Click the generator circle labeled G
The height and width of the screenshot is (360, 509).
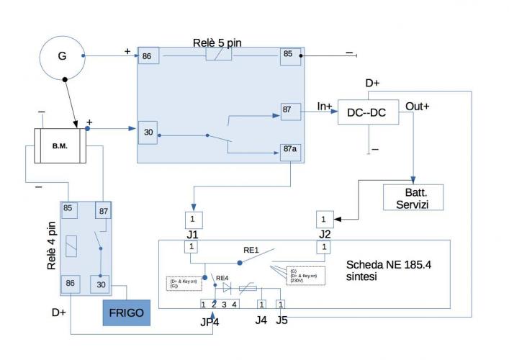62,55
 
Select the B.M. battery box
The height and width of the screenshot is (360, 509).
60,145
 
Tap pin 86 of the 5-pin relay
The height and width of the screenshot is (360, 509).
148,55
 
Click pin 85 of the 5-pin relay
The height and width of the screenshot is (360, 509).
290,54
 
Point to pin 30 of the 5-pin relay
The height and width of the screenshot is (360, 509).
147,132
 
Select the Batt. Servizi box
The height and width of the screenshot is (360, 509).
413,197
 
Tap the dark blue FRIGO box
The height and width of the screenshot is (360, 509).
127,312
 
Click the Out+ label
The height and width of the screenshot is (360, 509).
418,106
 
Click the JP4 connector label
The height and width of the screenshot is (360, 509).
210,321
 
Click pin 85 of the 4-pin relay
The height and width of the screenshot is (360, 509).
69,209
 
